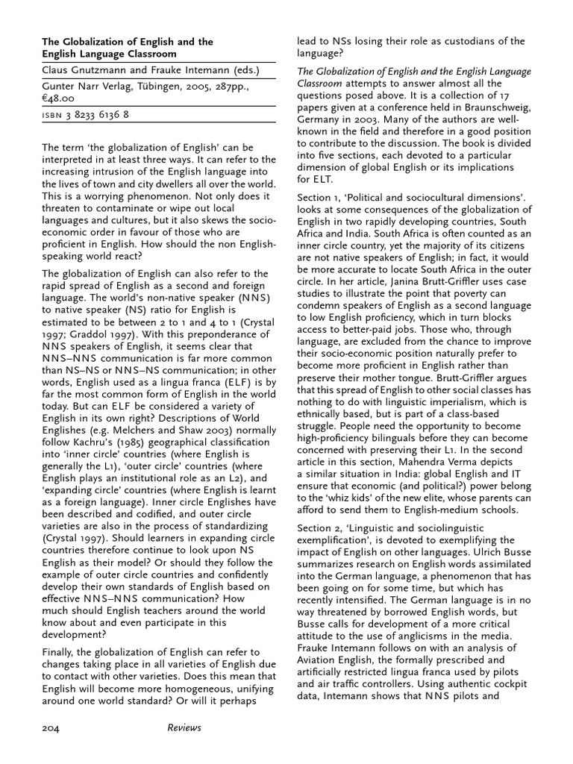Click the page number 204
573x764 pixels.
click(x=51, y=727)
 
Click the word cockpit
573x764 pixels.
click(x=509, y=684)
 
